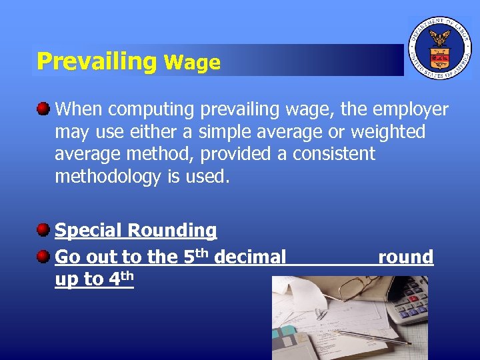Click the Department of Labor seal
[x=439, y=48]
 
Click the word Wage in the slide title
[x=192, y=63]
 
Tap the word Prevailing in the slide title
[x=96, y=61]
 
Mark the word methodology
[x=107, y=177]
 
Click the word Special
[x=88, y=231]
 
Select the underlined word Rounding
[x=172, y=231]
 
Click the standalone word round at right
[x=405, y=256]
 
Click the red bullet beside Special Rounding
[x=43, y=231]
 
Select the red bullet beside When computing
[x=43, y=109]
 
